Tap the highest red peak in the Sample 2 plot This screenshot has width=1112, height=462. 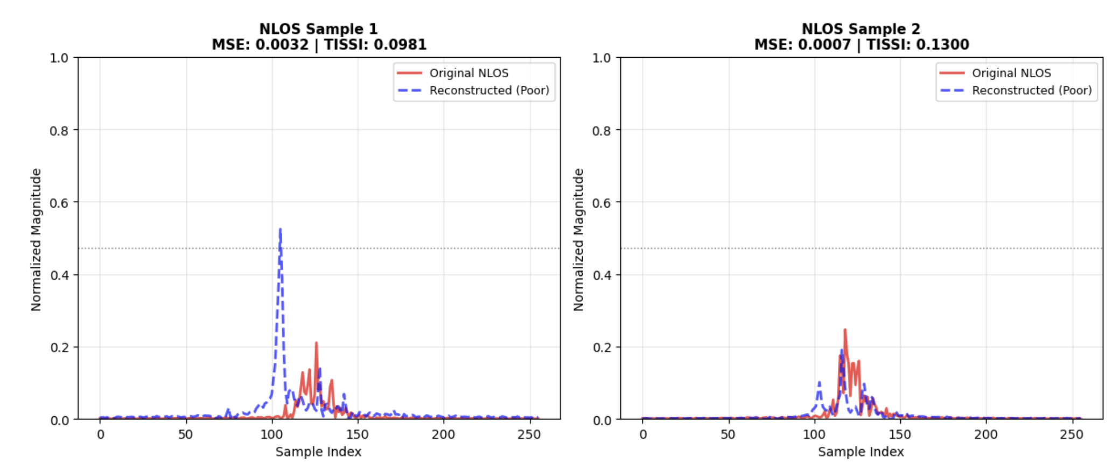(x=845, y=330)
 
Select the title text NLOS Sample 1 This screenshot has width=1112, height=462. (x=318, y=29)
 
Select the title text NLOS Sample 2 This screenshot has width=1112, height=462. (x=861, y=29)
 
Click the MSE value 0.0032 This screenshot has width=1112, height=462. (x=282, y=45)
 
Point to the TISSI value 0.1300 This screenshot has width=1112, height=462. (x=945, y=45)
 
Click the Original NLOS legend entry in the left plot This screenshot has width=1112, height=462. (x=468, y=73)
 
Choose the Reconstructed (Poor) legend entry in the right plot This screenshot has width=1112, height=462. (x=1031, y=91)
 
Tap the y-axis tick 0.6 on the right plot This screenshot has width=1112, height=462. (x=602, y=203)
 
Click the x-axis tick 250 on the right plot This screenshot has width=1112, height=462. (x=1071, y=435)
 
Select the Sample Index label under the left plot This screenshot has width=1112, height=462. (x=318, y=452)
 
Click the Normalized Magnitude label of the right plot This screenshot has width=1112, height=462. (x=579, y=239)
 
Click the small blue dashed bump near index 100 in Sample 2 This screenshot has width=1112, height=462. (x=819, y=384)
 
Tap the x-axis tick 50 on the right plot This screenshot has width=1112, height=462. (x=728, y=435)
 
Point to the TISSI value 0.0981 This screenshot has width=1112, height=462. (x=401, y=45)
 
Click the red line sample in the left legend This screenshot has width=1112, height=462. (x=409, y=73)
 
